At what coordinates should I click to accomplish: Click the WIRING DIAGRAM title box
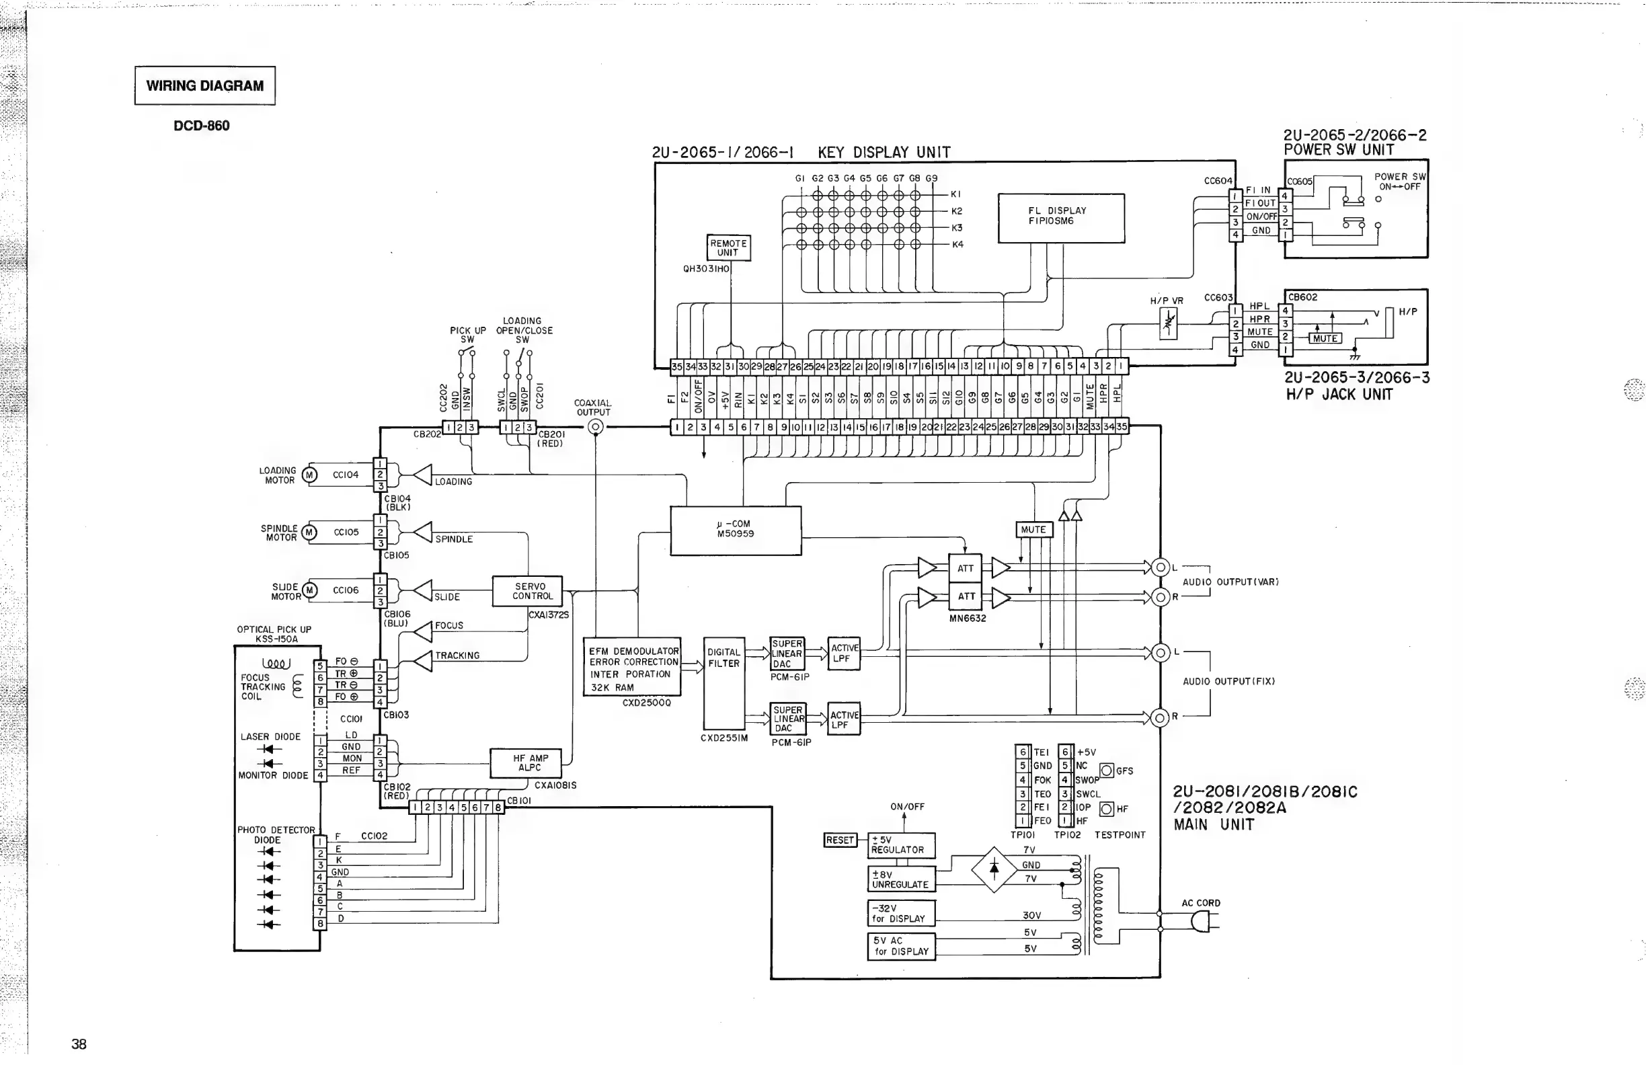click(204, 86)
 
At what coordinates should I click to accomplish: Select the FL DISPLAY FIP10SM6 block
click(1061, 218)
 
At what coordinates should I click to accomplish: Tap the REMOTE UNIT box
click(728, 247)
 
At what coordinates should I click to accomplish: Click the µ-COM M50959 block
click(735, 530)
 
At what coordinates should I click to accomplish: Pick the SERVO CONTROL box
click(527, 591)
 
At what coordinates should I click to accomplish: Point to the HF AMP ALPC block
click(526, 764)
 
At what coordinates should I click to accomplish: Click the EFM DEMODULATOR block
click(632, 667)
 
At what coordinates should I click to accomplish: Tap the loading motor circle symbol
click(310, 475)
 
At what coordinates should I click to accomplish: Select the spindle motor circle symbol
click(310, 532)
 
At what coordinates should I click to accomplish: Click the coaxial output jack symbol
click(596, 427)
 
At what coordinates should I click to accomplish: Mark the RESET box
click(840, 840)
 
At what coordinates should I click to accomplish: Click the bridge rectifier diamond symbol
click(994, 869)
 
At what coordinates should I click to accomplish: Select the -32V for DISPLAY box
click(901, 913)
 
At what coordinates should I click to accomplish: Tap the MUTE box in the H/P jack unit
click(1325, 338)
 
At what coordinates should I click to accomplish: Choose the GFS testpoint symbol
click(1107, 771)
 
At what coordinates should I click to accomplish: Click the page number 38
click(79, 1044)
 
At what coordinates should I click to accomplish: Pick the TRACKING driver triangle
click(423, 660)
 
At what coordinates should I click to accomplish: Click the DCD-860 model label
click(201, 126)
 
